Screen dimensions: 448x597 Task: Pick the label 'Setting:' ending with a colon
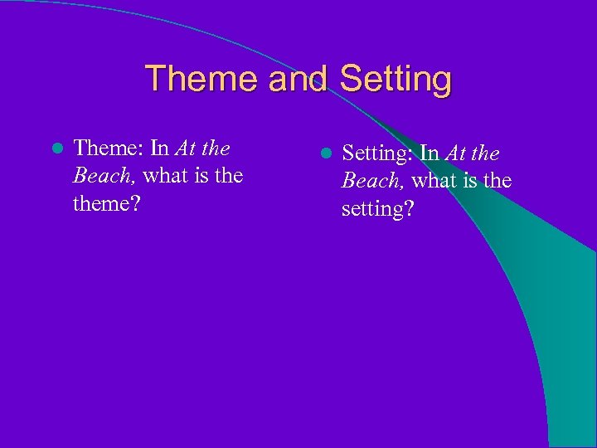click(x=378, y=153)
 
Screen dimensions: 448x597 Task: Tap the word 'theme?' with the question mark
click(x=106, y=203)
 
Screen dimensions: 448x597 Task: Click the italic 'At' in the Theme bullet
click(x=185, y=149)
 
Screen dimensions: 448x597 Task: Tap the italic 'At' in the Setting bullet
click(x=455, y=153)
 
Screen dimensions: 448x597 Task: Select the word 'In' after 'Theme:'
click(x=160, y=149)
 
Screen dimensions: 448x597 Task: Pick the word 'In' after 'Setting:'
click(x=430, y=153)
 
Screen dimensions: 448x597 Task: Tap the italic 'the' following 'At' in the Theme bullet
click(x=216, y=149)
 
